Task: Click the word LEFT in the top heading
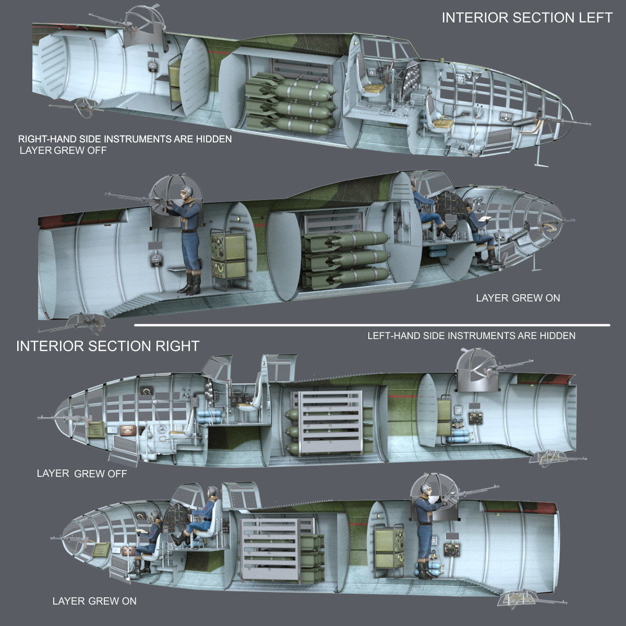(x=595, y=18)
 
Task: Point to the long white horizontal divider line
(x=371, y=325)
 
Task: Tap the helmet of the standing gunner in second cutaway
(x=188, y=192)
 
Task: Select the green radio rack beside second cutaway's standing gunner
(x=228, y=256)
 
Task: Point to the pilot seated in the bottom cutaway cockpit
(x=206, y=509)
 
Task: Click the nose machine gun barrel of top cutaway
(x=574, y=124)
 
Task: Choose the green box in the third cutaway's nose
(x=95, y=430)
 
